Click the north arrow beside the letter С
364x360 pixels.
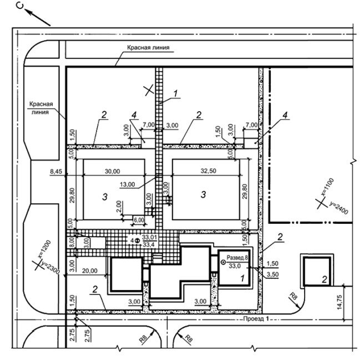tap(37, 17)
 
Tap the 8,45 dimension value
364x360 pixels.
tap(56, 172)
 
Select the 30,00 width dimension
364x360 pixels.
tap(112, 171)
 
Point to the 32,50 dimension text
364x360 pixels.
tap(208, 171)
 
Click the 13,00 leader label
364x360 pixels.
tap(127, 184)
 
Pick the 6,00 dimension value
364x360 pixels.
tap(139, 220)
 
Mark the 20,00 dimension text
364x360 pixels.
tap(89, 271)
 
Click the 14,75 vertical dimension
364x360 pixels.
tap(339, 302)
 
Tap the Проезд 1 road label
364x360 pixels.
tap(256, 319)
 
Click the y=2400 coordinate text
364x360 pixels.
tap(338, 208)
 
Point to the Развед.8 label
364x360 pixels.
tap(237, 258)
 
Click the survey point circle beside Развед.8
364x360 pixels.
tap(223, 262)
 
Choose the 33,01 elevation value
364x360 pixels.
tap(149, 237)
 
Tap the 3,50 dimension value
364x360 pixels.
tap(272, 274)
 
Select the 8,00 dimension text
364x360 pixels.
tap(72, 243)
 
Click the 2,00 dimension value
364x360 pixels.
tap(119, 206)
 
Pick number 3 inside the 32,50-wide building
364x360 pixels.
tap(203, 194)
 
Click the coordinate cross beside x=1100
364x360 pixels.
tap(321, 203)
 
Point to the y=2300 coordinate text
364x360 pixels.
tap(50, 268)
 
